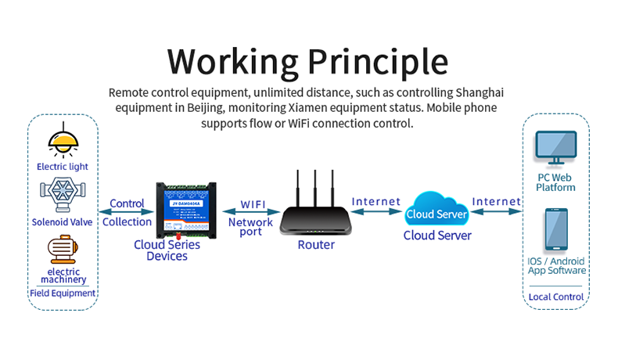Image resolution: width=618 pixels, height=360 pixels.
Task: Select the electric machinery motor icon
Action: (x=62, y=250)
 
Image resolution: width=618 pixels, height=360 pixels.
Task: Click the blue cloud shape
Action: (x=437, y=212)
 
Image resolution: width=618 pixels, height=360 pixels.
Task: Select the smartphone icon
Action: (x=556, y=229)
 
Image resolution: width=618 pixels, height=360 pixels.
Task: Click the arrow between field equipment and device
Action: (x=126, y=212)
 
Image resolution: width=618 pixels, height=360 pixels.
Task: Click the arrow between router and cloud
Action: (x=376, y=212)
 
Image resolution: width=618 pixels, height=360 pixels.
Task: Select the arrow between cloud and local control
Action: (x=497, y=212)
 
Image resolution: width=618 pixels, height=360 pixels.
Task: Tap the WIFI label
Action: (x=252, y=203)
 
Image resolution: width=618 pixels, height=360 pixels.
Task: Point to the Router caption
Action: (x=316, y=245)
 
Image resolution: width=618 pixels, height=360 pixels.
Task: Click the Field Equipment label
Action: (x=63, y=293)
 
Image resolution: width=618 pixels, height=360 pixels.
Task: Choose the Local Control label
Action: (x=556, y=297)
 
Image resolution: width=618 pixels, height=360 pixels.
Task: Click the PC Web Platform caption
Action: (x=556, y=182)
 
